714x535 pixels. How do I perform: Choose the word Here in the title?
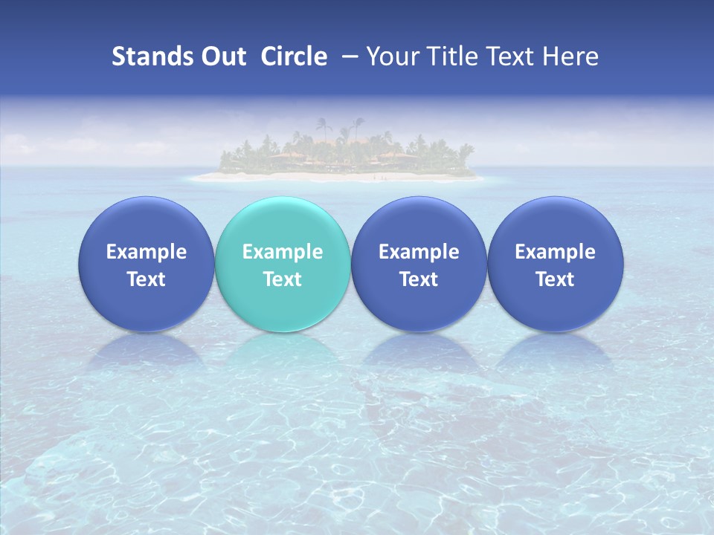pos(571,56)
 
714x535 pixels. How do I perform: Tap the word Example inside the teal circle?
pos(283,252)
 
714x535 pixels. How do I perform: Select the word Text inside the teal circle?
pos(283,279)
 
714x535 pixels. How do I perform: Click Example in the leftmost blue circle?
pos(147,252)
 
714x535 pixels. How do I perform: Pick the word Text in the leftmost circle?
pos(147,279)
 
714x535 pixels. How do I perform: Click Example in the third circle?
pos(419,252)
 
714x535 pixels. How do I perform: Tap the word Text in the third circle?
pos(419,279)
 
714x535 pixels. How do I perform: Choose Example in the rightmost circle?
pos(555,252)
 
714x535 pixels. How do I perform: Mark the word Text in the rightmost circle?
pos(555,279)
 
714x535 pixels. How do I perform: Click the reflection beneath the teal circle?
pos(283,353)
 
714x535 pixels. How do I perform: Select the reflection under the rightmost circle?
pos(555,353)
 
